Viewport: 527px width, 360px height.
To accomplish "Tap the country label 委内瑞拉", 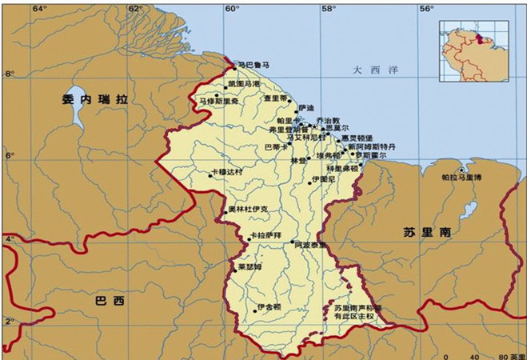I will click(x=95, y=100).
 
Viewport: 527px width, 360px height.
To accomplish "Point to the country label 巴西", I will click(x=110, y=302).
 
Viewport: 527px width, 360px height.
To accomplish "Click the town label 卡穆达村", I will click(x=229, y=171).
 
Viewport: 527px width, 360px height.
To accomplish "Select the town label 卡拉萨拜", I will click(x=267, y=235).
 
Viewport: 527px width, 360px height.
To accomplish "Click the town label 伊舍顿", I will click(x=269, y=306).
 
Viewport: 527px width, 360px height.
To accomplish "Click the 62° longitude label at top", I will click(x=134, y=8).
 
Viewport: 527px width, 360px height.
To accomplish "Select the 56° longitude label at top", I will click(x=427, y=8).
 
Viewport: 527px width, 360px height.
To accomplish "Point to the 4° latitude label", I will click(x=9, y=239).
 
